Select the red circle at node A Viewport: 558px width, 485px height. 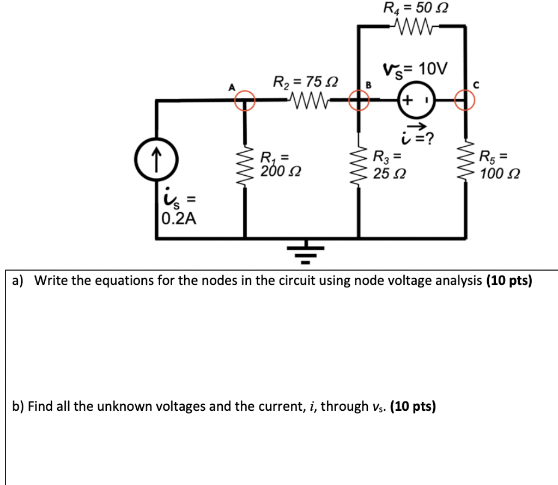[x=245, y=100]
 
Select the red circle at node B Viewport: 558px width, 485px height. [x=359, y=100]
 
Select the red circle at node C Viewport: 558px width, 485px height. [x=465, y=100]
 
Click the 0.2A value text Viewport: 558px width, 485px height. [x=180, y=219]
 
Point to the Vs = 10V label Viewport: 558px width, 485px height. [x=415, y=69]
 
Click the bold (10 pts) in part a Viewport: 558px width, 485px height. [x=507, y=280]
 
